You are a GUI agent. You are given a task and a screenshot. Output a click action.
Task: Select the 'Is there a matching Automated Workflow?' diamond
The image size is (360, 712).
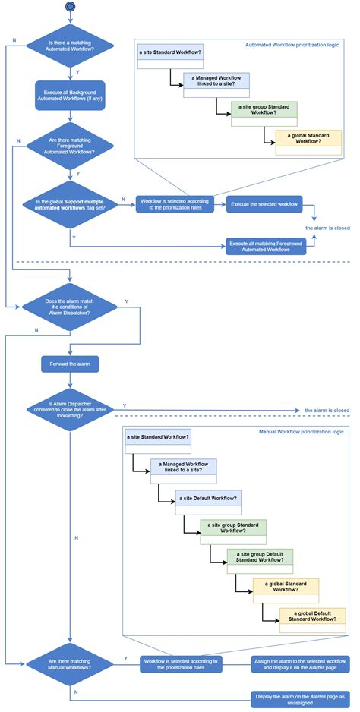click(x=70, y=48)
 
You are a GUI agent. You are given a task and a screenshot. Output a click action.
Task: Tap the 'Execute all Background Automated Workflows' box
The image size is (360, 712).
click(x=70, y=96)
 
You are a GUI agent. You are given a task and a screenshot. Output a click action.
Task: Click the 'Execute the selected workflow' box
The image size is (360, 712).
click(x=264, y=203)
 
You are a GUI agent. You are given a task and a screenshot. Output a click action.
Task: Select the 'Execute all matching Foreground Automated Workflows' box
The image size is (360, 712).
click(x=264, y=244)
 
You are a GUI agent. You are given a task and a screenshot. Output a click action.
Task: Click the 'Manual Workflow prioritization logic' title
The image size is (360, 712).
click(x=302, y=431)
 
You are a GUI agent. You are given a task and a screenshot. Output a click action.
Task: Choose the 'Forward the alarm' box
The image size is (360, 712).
click(x=70, y=364)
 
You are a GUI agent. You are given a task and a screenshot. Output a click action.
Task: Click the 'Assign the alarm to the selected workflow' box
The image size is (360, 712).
click(x=300, y=664)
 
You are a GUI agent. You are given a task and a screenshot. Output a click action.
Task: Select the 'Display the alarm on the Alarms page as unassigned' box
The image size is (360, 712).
click(x=300, y=698)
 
